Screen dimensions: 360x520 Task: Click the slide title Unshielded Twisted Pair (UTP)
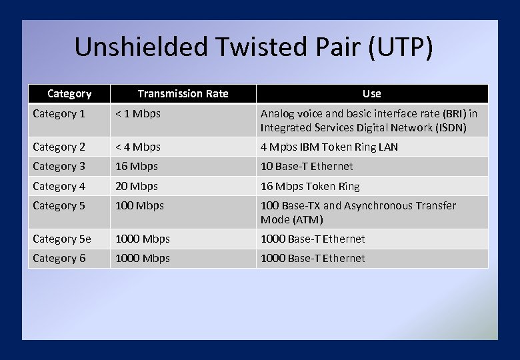pos(253,48)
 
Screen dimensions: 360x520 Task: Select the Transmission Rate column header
pos(183,93)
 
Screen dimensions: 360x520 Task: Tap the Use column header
pos(371,93)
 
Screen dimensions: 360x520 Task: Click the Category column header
pos(69,93)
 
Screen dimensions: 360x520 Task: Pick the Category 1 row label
pos(59,113)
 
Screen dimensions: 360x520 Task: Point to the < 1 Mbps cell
pos(138,113)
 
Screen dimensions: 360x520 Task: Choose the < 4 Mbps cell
pos(138,147)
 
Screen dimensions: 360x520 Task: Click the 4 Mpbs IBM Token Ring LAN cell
pos(329,147)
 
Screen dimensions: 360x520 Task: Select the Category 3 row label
pos(59,166)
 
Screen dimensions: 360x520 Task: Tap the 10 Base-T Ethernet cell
pos(307,166)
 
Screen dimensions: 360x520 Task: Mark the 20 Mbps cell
pos(137,186)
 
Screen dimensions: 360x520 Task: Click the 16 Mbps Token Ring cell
pos(310,186)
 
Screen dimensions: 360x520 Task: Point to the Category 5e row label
pos(62,239)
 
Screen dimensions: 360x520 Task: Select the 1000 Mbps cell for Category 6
pos(143,258)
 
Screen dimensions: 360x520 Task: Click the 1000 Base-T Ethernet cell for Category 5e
pos(313,239)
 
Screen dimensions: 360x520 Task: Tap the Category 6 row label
pos(59,258)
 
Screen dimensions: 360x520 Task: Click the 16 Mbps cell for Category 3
pos(137,166)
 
